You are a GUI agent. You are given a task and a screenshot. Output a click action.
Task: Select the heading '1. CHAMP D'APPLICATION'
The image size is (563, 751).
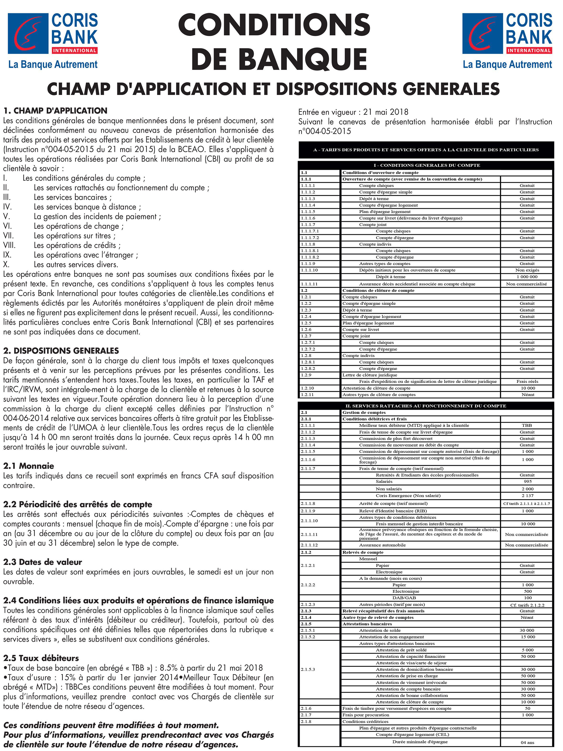55,111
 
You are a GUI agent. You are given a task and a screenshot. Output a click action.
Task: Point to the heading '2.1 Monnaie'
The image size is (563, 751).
29,466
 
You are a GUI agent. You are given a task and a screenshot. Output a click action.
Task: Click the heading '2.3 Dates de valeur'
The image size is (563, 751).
43,562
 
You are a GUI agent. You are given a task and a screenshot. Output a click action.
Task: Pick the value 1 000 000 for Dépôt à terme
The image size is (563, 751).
527,277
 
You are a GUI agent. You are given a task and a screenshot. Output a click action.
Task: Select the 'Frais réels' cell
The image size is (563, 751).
527,381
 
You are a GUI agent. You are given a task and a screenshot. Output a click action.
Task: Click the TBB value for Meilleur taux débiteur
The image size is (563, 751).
527,425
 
